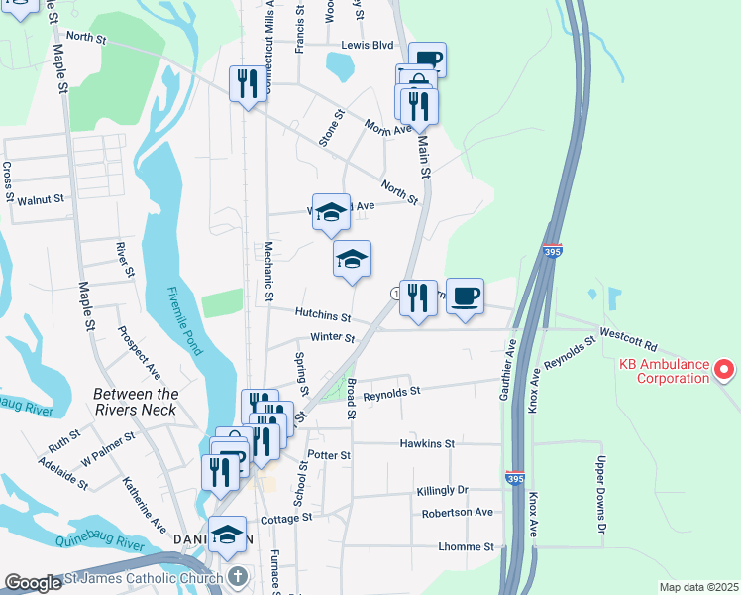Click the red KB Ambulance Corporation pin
[x=724, y=370]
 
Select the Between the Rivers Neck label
[x=136, y=402]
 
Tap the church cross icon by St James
[x=237, y=575]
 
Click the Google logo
[x=33, y=583]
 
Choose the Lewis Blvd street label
[x=368, y=45]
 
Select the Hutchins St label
[x=323, y=315]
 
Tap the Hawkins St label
[x=427, y=443]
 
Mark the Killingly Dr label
[x=434, y=490]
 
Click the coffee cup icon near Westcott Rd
[x=465, y=296]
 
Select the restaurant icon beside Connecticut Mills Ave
[x=248, y=82]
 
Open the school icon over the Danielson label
[x=228, y=534]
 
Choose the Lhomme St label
[x=466, y=546]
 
